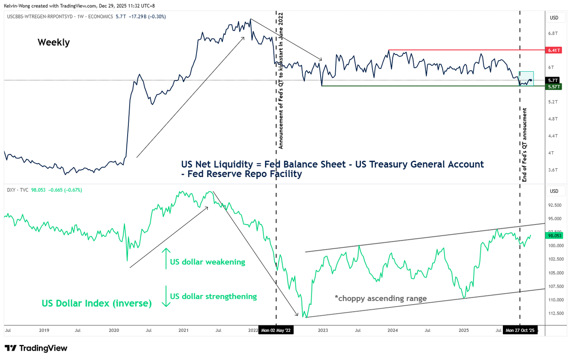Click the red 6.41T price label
[x=554, y=50]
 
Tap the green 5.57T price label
[x=554, y=87]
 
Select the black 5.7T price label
[x=553, y=80]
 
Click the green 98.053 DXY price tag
[x=555, y=236]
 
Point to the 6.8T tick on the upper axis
[x=553, y=33]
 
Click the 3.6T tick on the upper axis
[x=553, y=170]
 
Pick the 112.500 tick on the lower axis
[x=556, y=314]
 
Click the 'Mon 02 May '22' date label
[x=276, y=330]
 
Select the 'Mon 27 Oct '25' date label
[x=520, y=330]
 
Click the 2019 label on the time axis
[x=44, y=330]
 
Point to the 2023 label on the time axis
[x=323, y=330]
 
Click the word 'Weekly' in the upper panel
[x=53, y=42]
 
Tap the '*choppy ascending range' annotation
[x=381, y=298]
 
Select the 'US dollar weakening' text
[x=208, y=262]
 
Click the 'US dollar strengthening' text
[x=213, y=296]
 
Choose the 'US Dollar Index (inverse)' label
[x=97, y=303]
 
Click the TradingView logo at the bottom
[x=36, y=348]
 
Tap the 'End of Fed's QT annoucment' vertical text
[x=525, y=145]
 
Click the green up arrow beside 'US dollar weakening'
[x=166, y=258]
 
